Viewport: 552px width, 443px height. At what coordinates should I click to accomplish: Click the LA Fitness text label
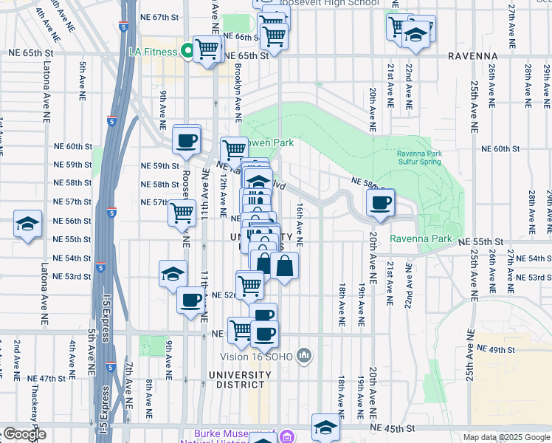pos(153,52)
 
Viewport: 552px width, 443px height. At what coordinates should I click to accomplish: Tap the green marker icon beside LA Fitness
pos(187,52)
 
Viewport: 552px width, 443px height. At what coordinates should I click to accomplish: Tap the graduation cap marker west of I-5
pos(27,224)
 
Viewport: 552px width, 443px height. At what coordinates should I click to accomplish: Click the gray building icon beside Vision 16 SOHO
pos(305,357)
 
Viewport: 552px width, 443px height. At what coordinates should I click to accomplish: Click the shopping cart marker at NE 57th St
pos(182,213)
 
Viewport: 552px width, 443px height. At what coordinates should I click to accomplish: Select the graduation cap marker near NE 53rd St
pos(173,274)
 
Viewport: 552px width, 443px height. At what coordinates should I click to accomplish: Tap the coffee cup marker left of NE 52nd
pos(190,301)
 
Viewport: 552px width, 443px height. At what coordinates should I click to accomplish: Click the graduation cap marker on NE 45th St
pos(325,427)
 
